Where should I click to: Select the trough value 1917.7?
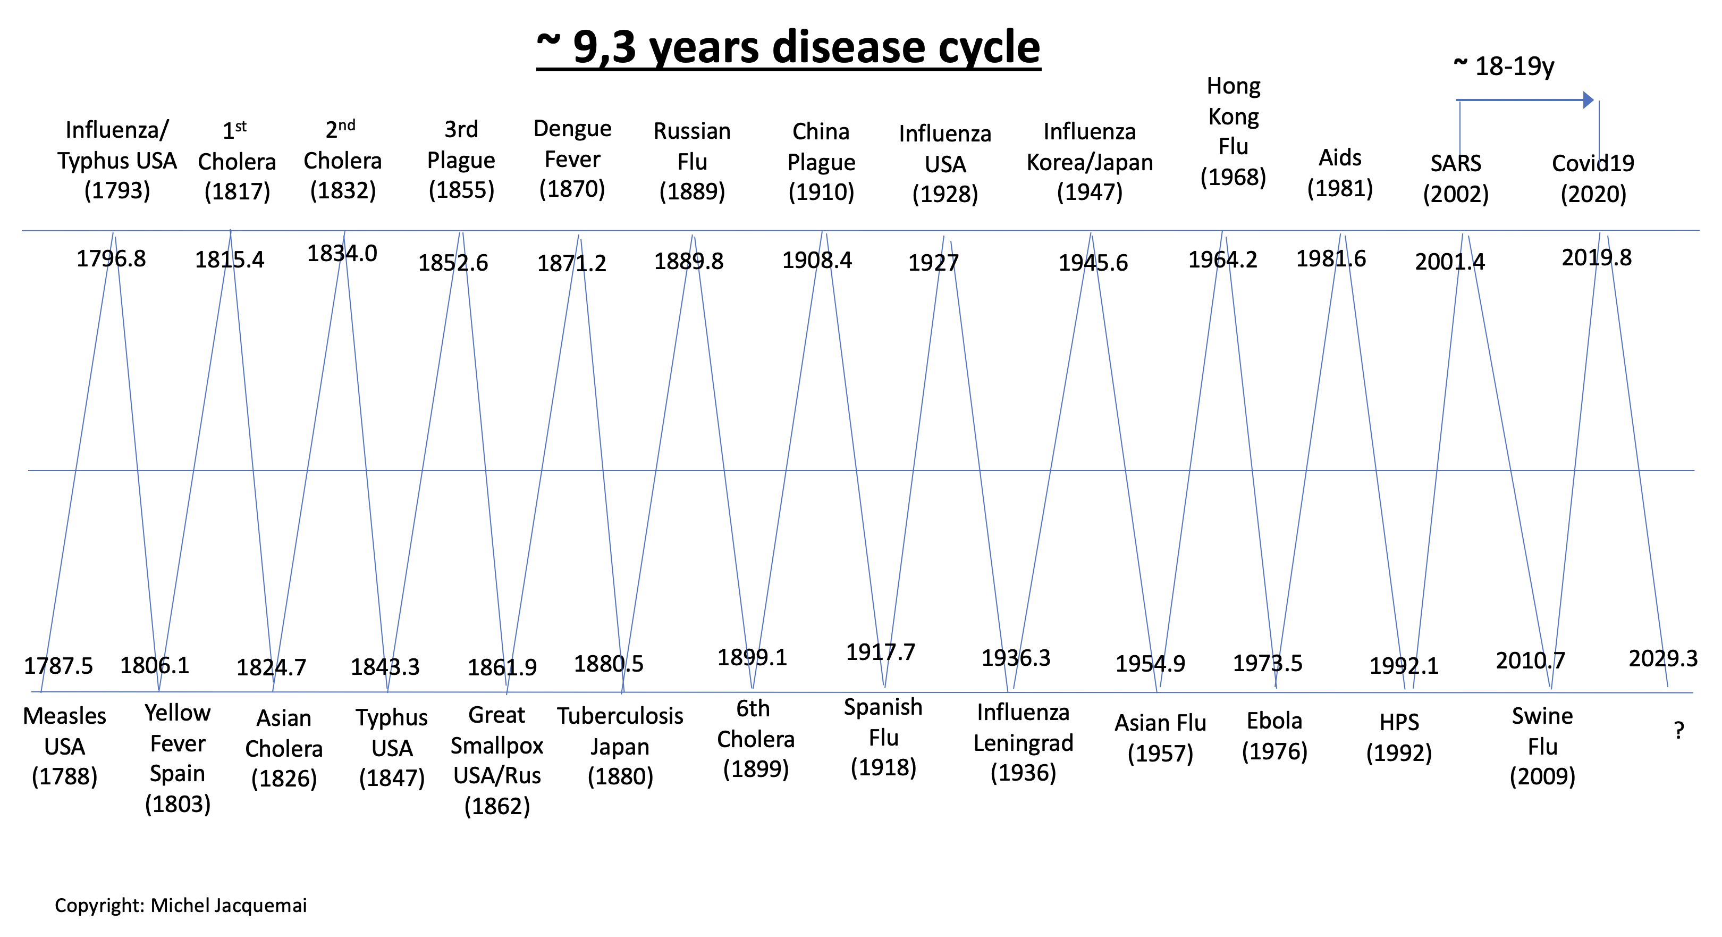880,652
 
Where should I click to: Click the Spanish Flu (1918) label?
883,738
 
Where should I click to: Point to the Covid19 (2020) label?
1593,179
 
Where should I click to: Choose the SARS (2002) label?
1455,179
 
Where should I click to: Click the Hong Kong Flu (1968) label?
1234,132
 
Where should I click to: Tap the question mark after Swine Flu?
1678,730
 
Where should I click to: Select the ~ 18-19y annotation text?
1504,66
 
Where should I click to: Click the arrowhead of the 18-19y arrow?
1588,101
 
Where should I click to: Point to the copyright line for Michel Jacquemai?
181,906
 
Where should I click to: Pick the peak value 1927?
933,263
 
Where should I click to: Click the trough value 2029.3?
1662,659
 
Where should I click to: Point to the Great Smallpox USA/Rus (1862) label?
497,760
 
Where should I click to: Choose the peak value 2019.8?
1597,257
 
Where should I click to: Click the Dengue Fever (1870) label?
572,159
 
